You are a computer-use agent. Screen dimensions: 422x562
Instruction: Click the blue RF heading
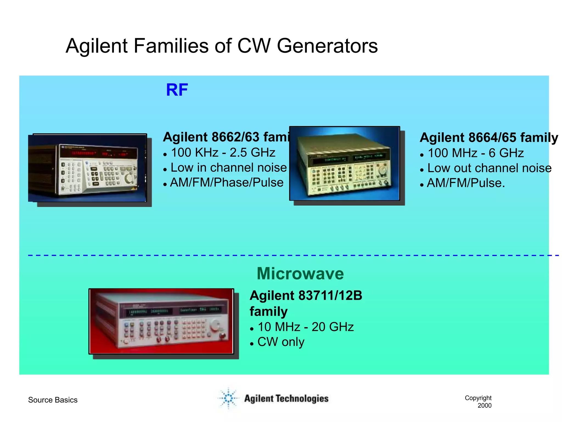(177, 90)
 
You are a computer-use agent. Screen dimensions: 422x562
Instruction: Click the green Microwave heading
(300, 274)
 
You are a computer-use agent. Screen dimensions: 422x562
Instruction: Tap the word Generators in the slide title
(327, 46)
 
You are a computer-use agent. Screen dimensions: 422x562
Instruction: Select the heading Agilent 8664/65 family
(489, 137)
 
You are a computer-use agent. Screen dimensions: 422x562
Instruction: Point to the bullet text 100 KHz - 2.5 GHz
(223, 153)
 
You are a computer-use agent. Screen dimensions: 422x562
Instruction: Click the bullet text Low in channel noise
(228, 168)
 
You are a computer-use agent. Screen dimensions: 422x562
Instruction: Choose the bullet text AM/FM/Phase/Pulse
(227, 183)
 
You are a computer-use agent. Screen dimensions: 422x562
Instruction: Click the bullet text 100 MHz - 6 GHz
(476, 153)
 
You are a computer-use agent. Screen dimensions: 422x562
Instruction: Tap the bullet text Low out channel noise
(489, 168)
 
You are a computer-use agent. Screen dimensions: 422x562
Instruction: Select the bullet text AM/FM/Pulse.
(466, 183)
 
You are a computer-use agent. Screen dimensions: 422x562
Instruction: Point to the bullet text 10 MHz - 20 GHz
(305, 327)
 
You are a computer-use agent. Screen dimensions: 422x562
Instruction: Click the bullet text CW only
(281, 342)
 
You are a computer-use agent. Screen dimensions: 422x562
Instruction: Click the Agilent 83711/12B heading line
(306, 296)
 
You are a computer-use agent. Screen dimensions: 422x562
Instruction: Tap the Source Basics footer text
(53, 400)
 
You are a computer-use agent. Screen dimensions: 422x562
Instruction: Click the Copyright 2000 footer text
(478, 401)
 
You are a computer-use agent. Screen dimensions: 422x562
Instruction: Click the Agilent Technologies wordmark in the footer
(286, 399)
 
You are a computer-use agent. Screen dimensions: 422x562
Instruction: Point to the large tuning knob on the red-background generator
(215, 325)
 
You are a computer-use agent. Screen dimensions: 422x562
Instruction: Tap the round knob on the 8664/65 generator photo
(382, 170)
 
